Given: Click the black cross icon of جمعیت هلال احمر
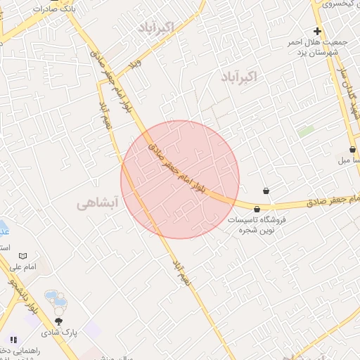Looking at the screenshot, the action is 317,31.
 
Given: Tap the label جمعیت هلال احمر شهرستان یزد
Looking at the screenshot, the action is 313,48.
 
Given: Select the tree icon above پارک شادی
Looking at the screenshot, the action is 68,321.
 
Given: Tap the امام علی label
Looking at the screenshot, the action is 22,268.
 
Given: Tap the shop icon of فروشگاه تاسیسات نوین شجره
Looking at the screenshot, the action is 257,209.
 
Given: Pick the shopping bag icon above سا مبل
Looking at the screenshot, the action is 352,149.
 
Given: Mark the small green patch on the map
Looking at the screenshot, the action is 305,131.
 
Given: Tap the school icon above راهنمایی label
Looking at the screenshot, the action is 13,339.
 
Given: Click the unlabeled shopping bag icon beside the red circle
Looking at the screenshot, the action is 266,191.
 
